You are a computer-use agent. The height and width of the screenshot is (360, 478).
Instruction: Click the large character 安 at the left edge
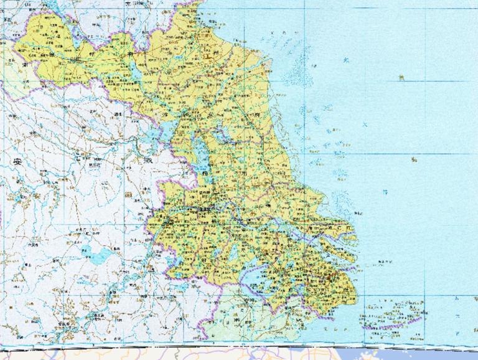pyautogui.click(x=16, y=161)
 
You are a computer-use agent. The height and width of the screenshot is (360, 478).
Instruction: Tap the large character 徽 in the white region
pyautogui.click(x=147, y=161)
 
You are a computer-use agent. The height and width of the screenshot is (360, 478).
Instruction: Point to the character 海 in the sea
pyautogui.click(x=413, y=159)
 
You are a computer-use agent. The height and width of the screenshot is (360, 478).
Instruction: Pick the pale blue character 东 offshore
pyautogui.click(x=346, y=60)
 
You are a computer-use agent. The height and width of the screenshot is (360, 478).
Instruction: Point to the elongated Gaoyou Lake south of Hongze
pyautogui.click(x=200, y=160)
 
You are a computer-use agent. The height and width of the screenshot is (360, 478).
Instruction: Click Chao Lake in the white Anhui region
pyautogui.click(x=98, y=254)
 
